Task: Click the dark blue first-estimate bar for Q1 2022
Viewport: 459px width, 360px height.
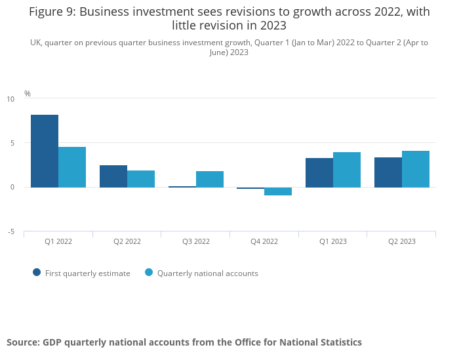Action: click(x=45, y=151)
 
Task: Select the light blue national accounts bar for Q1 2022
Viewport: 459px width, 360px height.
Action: click(x=72, y=167)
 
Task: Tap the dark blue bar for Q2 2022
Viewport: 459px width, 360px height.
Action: click(x=113, y=176)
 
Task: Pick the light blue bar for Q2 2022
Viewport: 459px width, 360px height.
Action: click(x=141, y=178)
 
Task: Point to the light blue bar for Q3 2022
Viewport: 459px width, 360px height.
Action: click(x=210, y=179)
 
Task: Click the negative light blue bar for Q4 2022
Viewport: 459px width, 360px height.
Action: click(x=278, y=191)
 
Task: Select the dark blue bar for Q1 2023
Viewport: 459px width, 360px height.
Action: click(x=319, y=172)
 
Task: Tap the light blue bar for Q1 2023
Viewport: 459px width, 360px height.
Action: click(x=347, y=170)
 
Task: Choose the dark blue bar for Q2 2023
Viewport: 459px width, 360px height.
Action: click(x=388, y=172)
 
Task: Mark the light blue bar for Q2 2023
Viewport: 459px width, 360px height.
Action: click(x=416, y=169)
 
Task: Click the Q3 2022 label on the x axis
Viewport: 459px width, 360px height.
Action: click(x=196, y=241)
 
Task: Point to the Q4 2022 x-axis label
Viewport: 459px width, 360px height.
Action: click(x=264, y=241)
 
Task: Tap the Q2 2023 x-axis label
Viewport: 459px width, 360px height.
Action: click(x=402, y=241)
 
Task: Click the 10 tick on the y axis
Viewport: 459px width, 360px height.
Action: click(x=10, y=99)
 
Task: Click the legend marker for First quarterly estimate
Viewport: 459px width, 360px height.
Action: click(x=37, y=273)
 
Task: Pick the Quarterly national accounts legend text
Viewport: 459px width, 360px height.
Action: click(x=207, y=273)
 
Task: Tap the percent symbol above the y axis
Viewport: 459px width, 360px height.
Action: click(x=28, y=94)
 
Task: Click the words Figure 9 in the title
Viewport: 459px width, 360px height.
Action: click(x=52, y=11)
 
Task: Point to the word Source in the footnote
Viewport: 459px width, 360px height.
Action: click(x=22, y=342)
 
